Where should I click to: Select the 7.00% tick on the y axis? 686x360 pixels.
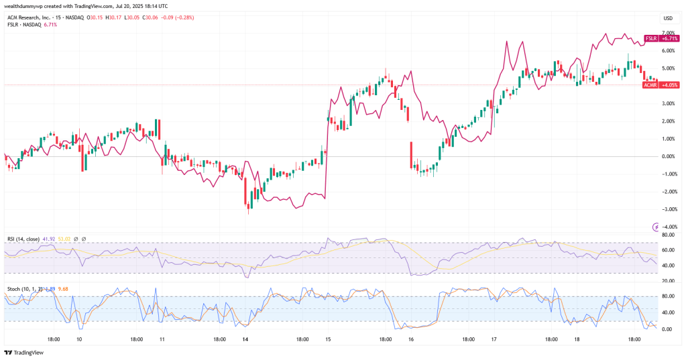[667, 32]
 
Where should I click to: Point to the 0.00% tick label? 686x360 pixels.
[667, 156]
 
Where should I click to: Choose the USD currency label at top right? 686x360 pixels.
[667, 18]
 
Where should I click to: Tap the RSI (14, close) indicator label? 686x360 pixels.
[23, 239]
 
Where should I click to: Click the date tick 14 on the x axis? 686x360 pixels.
[245, 339]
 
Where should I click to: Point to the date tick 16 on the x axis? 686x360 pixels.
[410, 339]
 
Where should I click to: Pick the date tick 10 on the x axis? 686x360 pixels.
[80, 339]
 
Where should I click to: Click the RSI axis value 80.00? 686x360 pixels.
[667, 235]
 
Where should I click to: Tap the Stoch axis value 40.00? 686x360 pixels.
[667, 312]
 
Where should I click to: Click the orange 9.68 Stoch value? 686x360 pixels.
[64, 289]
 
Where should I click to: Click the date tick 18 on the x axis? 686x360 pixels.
[576, 339]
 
